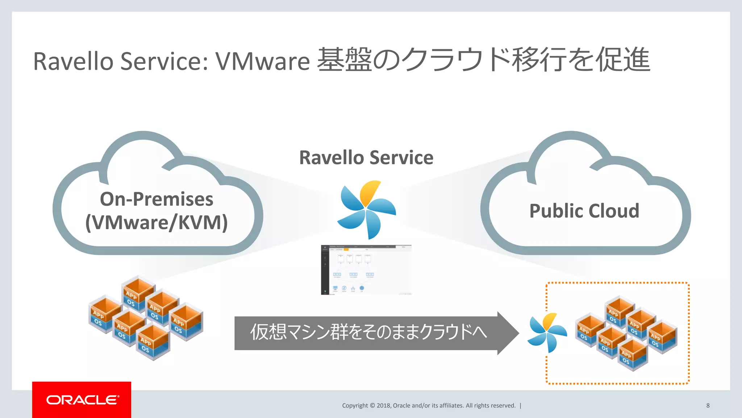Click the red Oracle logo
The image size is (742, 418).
tap(82, 400)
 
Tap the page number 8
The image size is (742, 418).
tap(708, 406)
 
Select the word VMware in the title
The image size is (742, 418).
tap(263, 61)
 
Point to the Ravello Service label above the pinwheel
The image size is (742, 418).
tap(366, 157)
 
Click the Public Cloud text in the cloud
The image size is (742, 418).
tap(584, 211)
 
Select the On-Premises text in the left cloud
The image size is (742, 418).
tap(157, 199)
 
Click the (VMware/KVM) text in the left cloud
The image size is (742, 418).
tap(157, 222)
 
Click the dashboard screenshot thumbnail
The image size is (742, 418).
tap(366, 270)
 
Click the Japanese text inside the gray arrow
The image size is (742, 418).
tap(368, 332)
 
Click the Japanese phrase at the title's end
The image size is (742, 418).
tap(484, 60)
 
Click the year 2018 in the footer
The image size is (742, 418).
tap(383, 406)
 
